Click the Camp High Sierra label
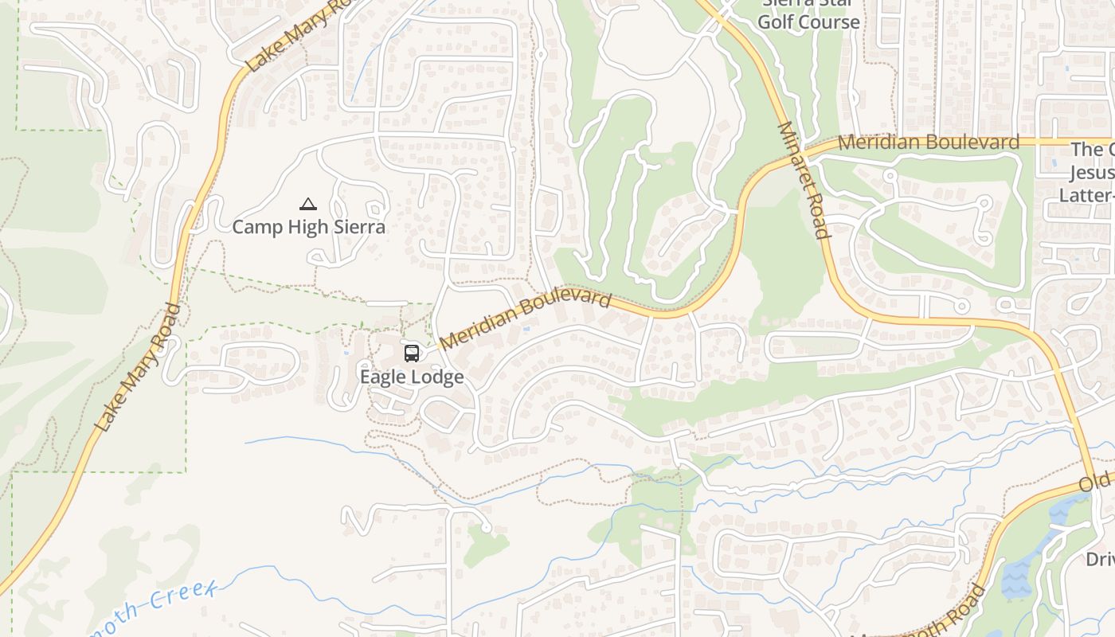308,227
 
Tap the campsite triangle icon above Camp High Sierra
308,205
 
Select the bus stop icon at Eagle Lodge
412,353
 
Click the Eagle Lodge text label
412,377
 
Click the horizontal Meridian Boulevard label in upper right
929,143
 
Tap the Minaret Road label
804,180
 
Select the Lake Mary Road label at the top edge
299,36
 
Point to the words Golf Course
808,22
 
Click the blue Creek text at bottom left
183,598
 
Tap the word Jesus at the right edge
1091,173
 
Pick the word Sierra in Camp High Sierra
355,227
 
